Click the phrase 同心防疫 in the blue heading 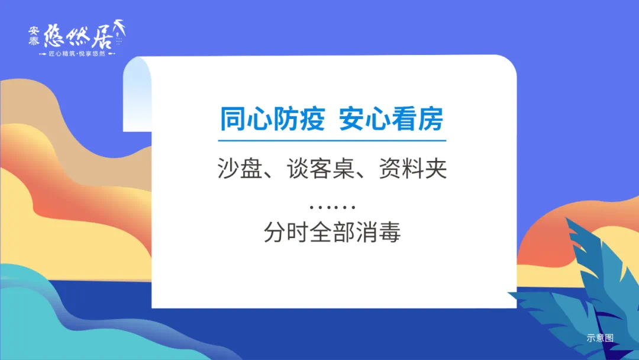tap(272, 119)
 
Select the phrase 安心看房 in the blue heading tap(391, 119)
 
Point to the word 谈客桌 tap(321, 168)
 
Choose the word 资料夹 tap(413, 168)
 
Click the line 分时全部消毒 tap(332, 232)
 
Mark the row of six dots tap(332, 207)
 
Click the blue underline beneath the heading tap(332, 141)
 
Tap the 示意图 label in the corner tap(600, 337)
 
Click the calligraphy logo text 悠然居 tap(78, 36)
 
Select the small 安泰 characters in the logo tap(34, 36)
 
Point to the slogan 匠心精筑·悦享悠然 tap(77, 54)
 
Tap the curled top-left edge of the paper tap(137, 94)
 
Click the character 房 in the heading tap(431, 119)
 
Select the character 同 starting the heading tap(233, 119)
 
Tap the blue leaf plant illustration tap(583, 294)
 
